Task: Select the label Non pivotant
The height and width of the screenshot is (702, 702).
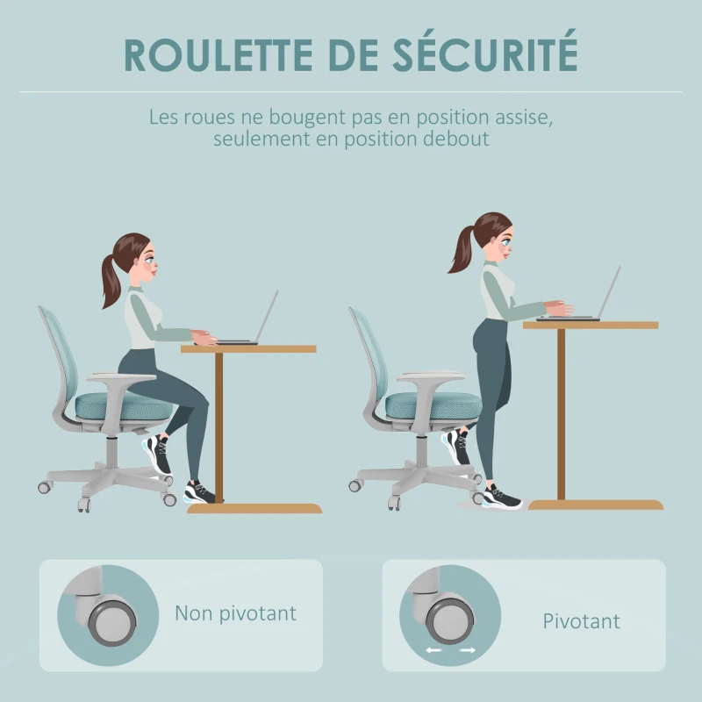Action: tap(235, 612)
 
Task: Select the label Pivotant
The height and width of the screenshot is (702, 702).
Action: tap(581, 621)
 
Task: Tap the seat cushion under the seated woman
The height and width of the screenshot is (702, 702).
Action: tap(105, 406)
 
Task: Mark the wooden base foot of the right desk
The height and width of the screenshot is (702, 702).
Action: tap(596, 505)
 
